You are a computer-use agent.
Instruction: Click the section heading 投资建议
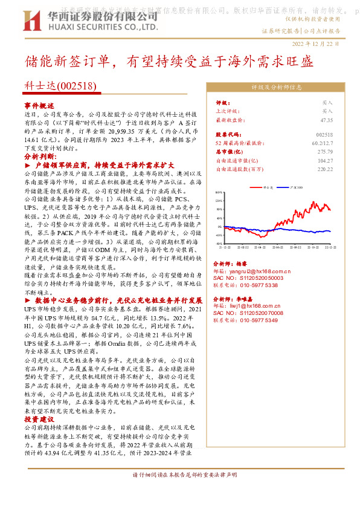tap(39, 419)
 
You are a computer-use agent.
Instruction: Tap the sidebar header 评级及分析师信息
tap(277, 86)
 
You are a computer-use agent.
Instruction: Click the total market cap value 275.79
tap(324, 152)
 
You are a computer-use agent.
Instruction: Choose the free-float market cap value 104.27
tap(324, 160)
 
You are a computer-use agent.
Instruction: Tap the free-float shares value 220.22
tap(324, 169)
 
